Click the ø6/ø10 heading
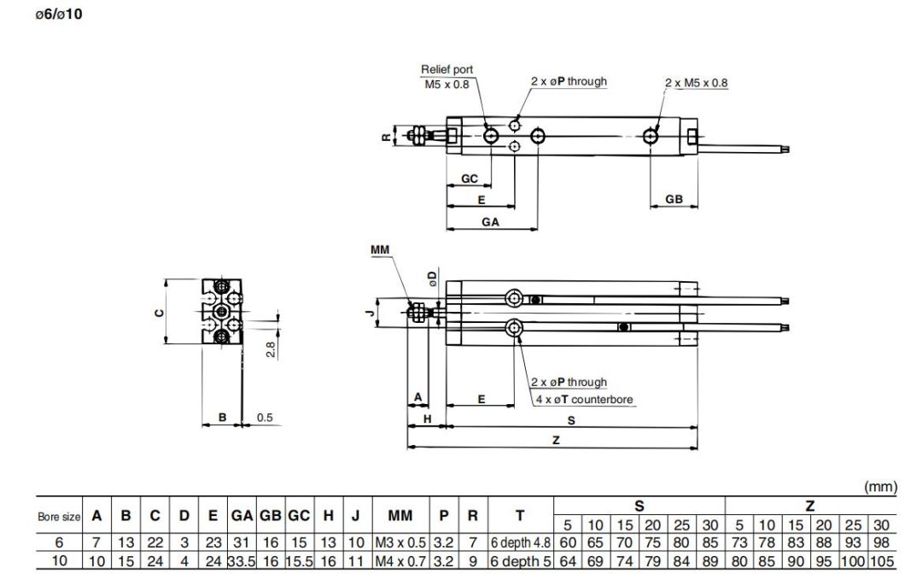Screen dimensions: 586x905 [59, 15]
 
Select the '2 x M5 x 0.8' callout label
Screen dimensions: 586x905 [696, 83]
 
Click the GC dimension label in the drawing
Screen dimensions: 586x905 [469, 179]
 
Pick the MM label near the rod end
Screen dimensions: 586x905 [380, 250]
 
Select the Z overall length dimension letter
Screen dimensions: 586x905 [556, 440]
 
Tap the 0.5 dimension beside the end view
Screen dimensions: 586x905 [265, 418]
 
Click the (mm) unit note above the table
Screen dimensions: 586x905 [881, 487]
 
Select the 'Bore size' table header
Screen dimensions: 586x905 [58, 517]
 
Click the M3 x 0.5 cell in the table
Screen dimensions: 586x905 [400, 542]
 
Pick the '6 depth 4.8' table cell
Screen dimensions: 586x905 [520, 542]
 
